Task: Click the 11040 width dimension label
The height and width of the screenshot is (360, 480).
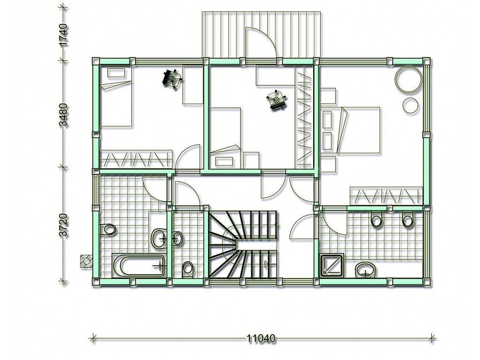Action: click(x=261, y=338)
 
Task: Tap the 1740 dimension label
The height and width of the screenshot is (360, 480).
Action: click(x=63, y=35)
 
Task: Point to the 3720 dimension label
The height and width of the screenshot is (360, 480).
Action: click(x=63, y=225)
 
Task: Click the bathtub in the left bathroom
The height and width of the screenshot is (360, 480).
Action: click(x=139, y=265)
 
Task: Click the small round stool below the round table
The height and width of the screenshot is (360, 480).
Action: click(x=410, y=105)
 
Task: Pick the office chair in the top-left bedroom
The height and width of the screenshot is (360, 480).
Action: click(x=172, y=79)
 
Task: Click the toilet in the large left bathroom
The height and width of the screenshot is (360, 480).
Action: click(x=107, y=229)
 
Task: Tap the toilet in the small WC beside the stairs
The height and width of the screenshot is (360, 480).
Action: click(x=187, y=269)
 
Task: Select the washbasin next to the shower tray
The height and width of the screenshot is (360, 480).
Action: click(x=366, y=270)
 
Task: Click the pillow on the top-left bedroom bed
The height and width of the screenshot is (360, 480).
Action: click(x=116, y=73)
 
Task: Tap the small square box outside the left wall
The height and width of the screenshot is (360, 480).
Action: click(x=86, y=261)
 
